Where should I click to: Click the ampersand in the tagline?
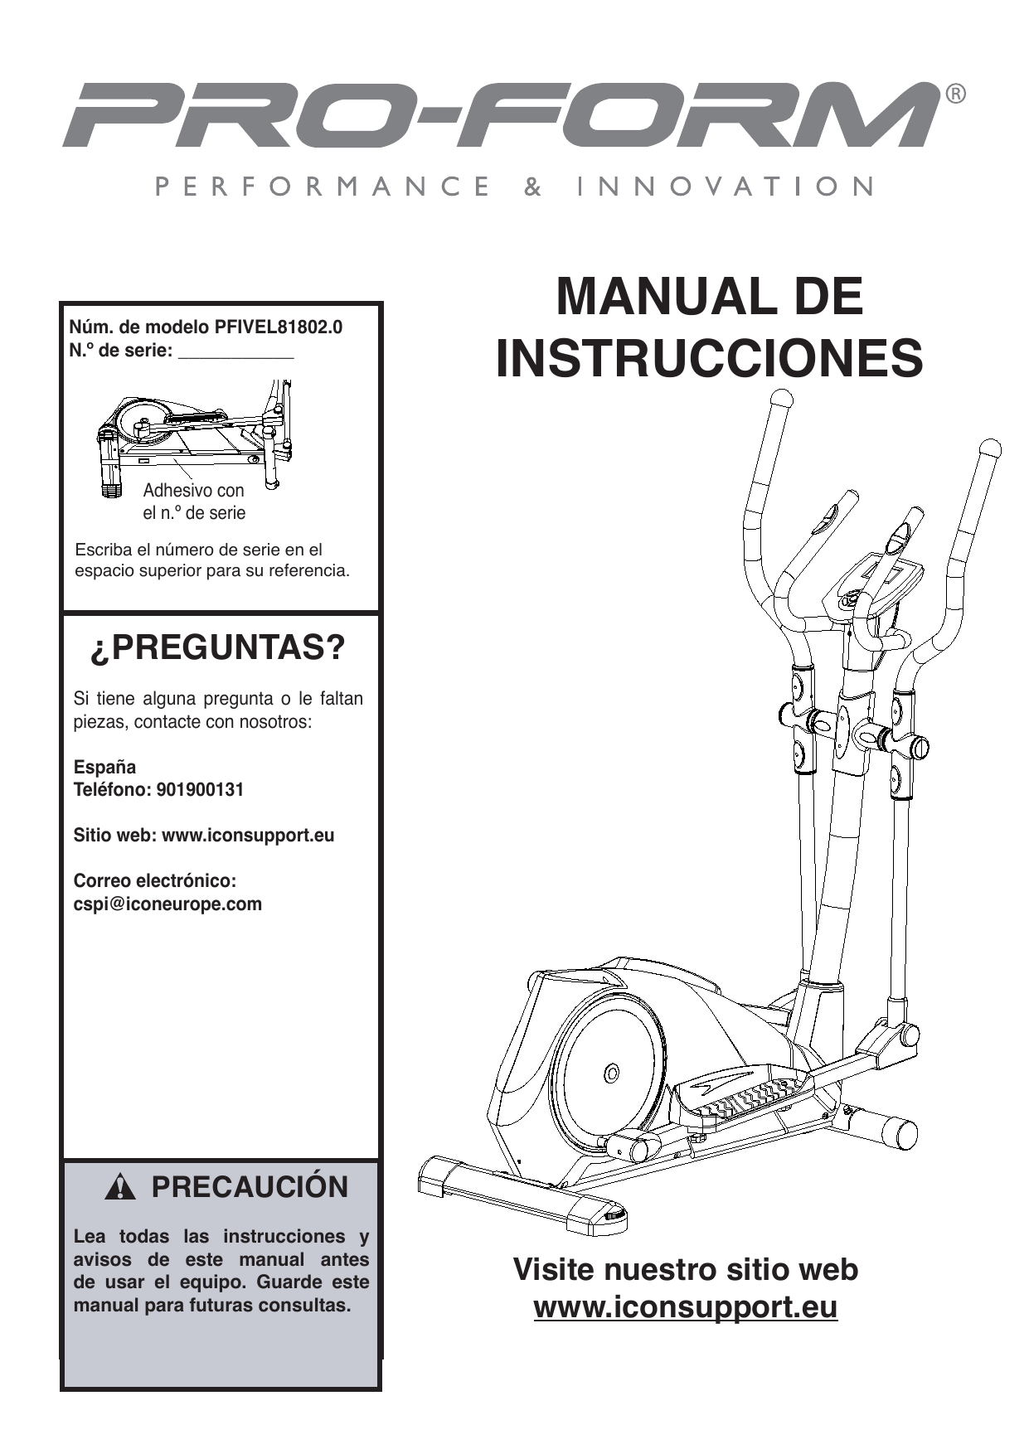[533, 187]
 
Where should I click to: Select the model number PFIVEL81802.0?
[278, 327]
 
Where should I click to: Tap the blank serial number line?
[236, 351]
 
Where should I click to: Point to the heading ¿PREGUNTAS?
[217, 648]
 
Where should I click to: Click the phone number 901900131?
[205, 789]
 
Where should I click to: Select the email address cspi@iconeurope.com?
[167, 904]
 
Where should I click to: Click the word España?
[104, 767]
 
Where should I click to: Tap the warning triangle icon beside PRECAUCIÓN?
[120, 1189]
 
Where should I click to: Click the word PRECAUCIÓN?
[249, 1187]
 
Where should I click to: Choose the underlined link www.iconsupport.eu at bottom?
[685, 1307]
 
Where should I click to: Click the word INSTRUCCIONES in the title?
[709, 358]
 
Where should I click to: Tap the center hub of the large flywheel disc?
[611, 1074]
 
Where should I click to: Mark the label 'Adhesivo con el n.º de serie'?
[194, 502]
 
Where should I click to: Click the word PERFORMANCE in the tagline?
[322, 187]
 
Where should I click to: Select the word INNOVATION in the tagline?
[725, 187]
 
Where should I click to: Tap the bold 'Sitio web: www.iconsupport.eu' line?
[204, 835]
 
